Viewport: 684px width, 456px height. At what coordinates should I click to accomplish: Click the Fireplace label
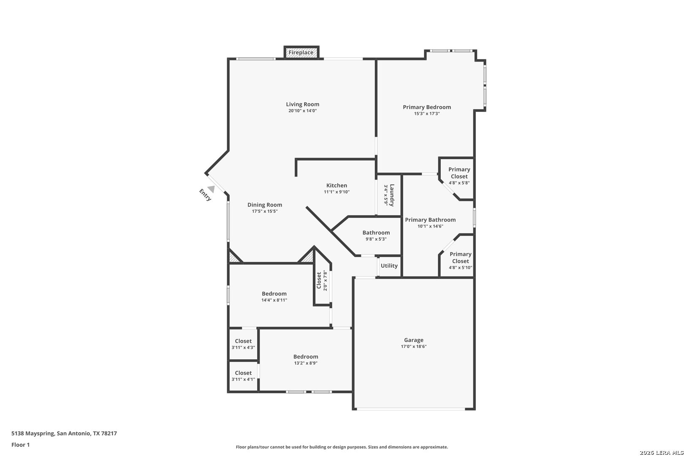pyautogui.click(x=301, y=52)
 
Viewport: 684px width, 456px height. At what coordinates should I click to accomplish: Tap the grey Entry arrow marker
pyautogui.click(x=211, y=189)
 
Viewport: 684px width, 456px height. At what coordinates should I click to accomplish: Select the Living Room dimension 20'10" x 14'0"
pyautogui.click(x=303, y=111)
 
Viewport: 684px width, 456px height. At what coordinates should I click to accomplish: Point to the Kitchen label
pyautogui.click(x=337, y=185)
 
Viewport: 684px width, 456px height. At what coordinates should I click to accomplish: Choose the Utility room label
pyautogui.click(x=389, y=266)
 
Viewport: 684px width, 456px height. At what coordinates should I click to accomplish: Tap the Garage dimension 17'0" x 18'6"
pyautogui.click(x=414, y=346)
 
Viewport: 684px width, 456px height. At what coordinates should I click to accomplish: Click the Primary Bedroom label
pyautogui.click(x=426, y=107)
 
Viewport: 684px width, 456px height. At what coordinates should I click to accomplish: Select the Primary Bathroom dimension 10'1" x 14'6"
pyautogui.click(x=430, y=226)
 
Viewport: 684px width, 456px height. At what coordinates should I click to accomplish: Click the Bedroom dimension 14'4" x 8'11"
pyautogui.click(x=274, y=300)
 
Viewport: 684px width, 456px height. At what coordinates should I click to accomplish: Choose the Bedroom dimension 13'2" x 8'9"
pyautogui.click(x=306, y=363)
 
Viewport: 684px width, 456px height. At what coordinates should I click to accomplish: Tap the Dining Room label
pyautogui.click(x=265, y=205)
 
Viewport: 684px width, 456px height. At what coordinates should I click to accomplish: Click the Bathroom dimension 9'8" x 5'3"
pyautogui.click(x=376, y=239)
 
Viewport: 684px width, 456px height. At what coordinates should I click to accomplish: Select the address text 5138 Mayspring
pyautogui.click(x=33, y=433)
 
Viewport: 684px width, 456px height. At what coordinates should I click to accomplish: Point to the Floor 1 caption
pyautogui.click(x=20, y=445)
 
